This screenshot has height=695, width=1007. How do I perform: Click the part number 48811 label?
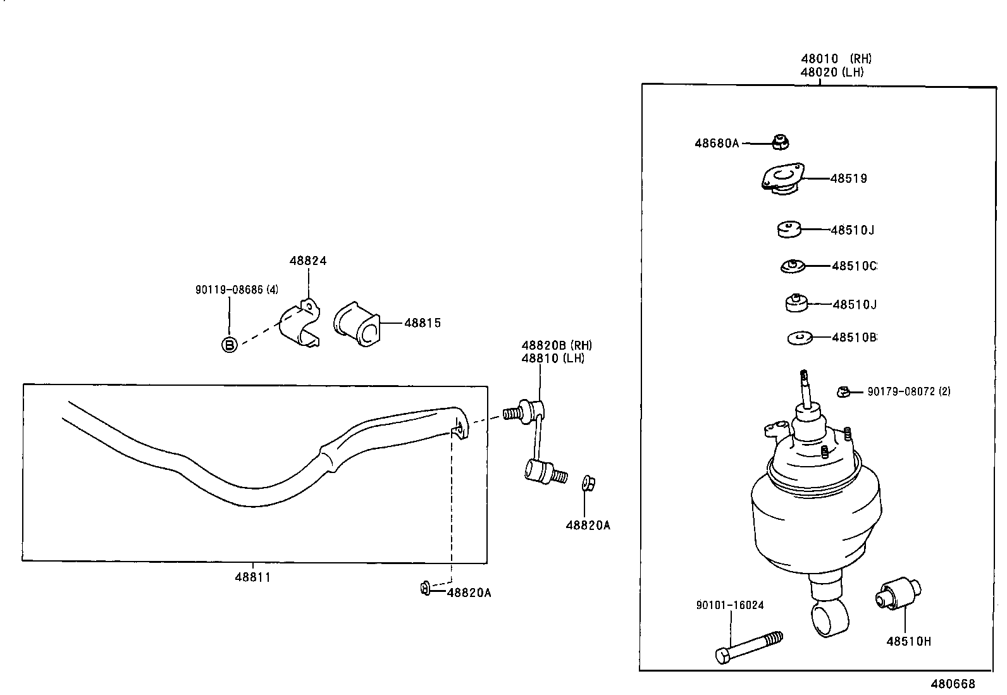[252, 577]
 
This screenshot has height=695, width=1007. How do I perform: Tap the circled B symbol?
[230, 345]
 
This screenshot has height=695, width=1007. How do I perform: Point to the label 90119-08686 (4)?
[237, 290]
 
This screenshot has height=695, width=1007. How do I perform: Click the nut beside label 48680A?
[781, 143]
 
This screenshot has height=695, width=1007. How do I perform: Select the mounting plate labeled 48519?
[783, 178]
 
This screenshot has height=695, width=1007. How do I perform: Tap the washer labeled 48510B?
[801, 338]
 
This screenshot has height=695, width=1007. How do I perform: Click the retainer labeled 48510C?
[793, 266]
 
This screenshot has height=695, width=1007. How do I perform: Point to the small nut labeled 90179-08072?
[842, 392]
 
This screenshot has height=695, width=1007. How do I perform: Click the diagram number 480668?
[953, 684]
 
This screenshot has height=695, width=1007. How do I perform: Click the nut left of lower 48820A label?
[425, 589]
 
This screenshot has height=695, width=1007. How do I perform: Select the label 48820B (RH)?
[556, 345]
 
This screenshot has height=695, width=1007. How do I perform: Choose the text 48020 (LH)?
[832, 72]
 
